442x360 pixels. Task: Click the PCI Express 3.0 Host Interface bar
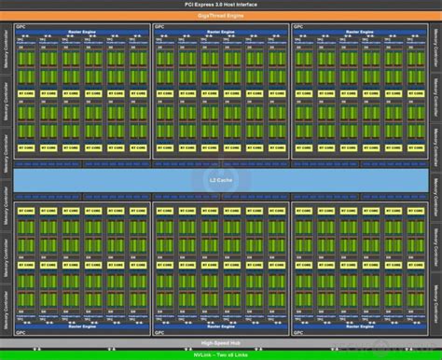point(220,7)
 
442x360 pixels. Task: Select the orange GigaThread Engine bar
point(220,17)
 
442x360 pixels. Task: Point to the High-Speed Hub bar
point(220,344)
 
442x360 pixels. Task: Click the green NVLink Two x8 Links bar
point(220,354)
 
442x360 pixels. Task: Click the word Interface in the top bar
point(244,7)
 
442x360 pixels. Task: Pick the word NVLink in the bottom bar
point(201,354)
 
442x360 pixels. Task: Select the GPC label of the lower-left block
point(21,333)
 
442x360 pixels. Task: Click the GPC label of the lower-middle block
point(159,333)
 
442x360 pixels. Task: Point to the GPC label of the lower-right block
point(298,333)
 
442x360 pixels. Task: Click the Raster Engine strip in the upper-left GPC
point(81,30)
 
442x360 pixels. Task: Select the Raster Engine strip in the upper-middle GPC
point(220,30)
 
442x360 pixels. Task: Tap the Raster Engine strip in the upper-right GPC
point(359,30)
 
